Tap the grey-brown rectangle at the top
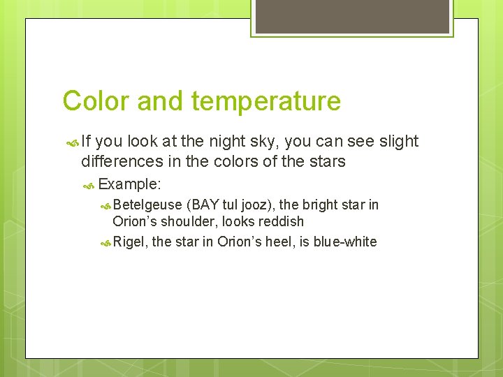[x=351, y=16]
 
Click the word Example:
[x=130, y=184]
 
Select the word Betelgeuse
[x=147, y=205]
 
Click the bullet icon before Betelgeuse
[x=105, y=205]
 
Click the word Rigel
[x=130, y=242]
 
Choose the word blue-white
[x=344, y=242]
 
